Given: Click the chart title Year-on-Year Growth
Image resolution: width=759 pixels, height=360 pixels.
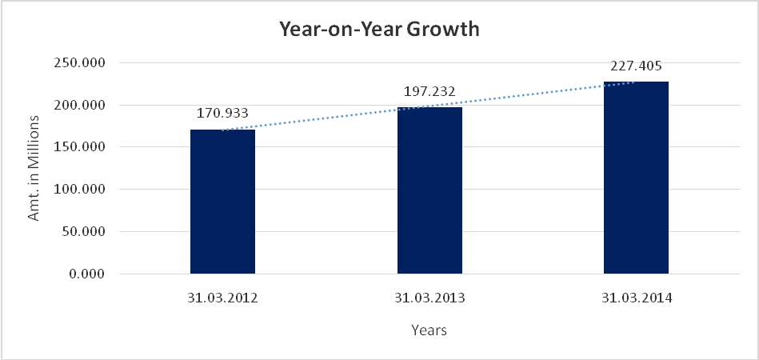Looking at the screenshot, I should click(x=378, y=30).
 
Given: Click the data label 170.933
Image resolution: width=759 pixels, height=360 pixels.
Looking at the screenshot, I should click(x=222, y=113).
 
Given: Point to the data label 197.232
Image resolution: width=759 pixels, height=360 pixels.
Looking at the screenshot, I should click(x=429, y=91).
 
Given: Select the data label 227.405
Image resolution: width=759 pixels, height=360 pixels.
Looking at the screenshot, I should click(x=636, y=66).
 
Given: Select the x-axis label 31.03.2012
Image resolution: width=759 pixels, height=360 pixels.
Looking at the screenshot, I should click(x=222, y=298).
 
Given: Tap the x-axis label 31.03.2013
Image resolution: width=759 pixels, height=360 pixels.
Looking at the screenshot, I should click(x=429, y=298).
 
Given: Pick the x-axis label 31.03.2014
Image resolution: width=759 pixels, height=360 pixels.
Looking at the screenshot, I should click(x=636, y=298).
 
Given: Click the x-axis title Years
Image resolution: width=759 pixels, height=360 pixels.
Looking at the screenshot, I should click(x=429, y=330).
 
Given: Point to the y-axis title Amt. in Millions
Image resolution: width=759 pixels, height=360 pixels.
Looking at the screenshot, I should click(x=34, y=168).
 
